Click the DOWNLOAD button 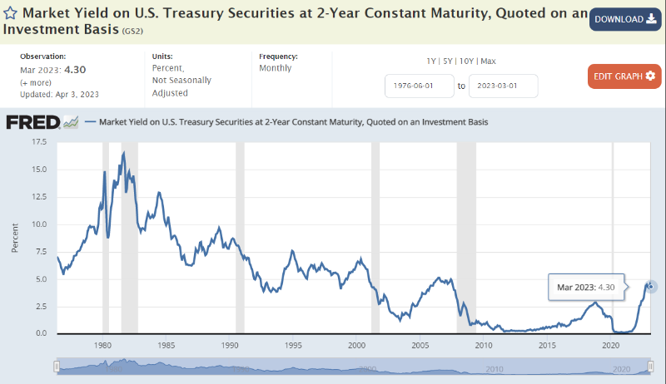[625, 19]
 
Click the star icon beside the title [10, 15]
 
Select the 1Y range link [431, 61]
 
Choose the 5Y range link [449, 61]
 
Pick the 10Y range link [468, 61]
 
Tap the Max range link [489, 61]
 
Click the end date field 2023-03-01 [503, 86]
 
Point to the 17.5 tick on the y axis [38, 142]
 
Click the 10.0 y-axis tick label [38, 224]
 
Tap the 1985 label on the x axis [166, 345]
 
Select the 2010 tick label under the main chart [485, 345]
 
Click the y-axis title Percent [15, 238]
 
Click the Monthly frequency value [276, 68]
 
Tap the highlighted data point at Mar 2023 [651, 287]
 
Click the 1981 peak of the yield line [123, 153]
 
